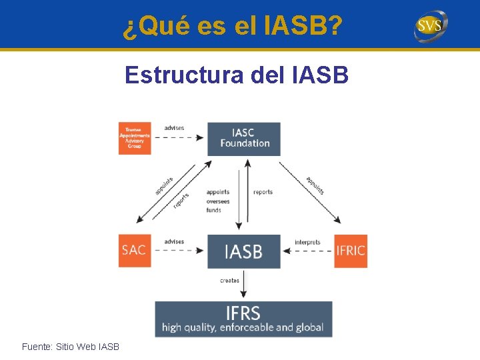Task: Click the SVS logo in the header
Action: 431,26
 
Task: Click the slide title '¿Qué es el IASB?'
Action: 233,26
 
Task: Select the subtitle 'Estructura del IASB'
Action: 236,75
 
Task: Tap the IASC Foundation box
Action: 244,139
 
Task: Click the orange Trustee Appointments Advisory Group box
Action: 135,139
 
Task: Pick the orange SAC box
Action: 135,251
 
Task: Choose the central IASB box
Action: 243,251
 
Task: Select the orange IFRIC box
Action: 351,251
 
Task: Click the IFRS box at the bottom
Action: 243,319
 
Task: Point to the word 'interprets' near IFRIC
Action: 307,242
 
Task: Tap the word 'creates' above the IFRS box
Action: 229,281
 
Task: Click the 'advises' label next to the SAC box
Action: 174,241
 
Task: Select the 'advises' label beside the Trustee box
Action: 174,128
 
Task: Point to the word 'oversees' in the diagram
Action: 218,201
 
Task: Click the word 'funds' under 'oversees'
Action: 214,210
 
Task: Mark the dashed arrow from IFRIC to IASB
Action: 307,251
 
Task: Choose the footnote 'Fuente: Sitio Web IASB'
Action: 71,347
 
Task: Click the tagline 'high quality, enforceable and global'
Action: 243,327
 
